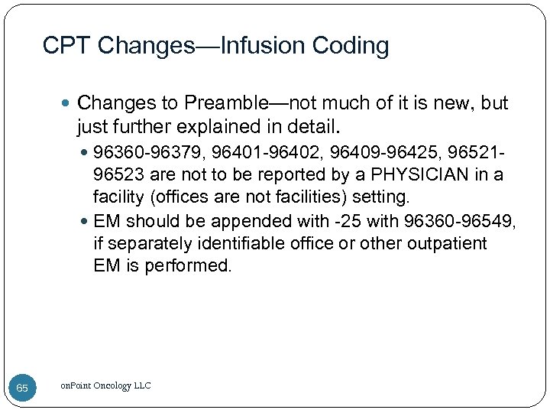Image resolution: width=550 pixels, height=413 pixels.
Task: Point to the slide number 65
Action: point(22,388)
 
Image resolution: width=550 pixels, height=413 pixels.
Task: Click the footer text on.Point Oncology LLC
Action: point(105,385)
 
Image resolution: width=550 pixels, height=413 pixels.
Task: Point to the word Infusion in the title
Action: point(264,46)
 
